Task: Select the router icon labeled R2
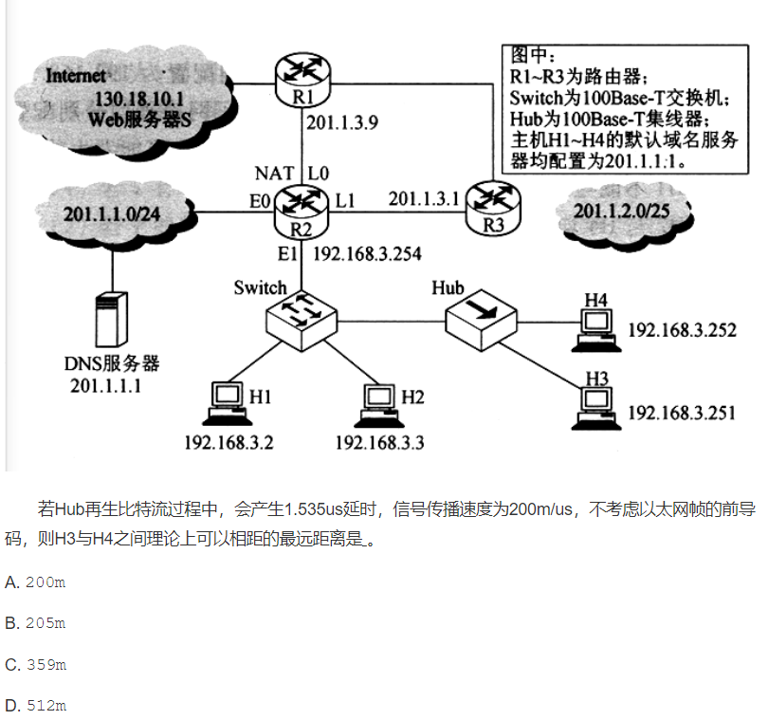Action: pyautogui.click(x=301, y=209)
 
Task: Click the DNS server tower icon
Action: pyautogui.click(x=111, y=321)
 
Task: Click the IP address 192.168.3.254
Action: pyautogui.click(x=367, y=254)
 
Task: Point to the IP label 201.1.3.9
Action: pyautogui.click(x=342, y=121)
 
